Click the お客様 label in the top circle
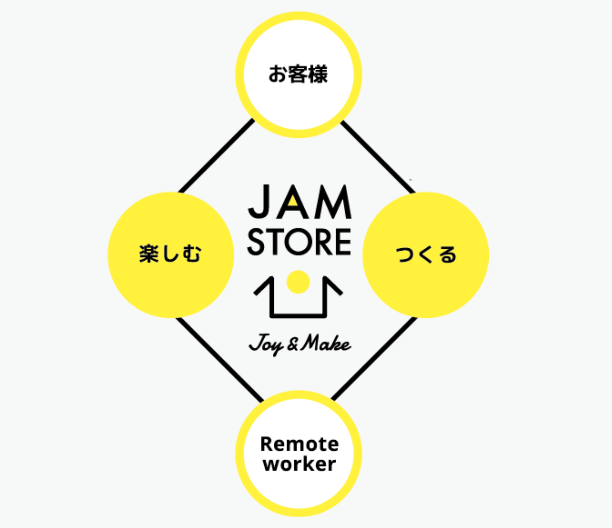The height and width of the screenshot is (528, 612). [x=298, y=74]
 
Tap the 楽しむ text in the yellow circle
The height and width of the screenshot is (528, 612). [x=170, y=254]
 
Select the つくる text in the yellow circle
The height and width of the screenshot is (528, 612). [x=426, y=254]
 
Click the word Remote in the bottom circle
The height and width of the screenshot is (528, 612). [x=299, y=444]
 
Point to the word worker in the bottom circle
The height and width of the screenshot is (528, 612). [x=299, y=464]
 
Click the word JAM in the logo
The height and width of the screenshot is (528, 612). [x=299, y=202]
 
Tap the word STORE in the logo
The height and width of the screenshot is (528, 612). [x=299, y=242]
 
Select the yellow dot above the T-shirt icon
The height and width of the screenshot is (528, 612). [x=298, y=282]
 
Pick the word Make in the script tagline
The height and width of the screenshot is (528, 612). [x=326, y=343]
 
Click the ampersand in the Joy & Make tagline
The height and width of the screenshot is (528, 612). [x=293, y=344]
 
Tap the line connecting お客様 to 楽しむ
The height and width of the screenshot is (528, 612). [x=216, y=156]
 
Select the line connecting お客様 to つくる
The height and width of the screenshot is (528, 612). [x=378, y=157]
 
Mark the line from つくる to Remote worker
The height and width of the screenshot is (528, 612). [x=374, y=358]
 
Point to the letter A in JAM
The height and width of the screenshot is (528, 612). [x=293, y=203]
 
